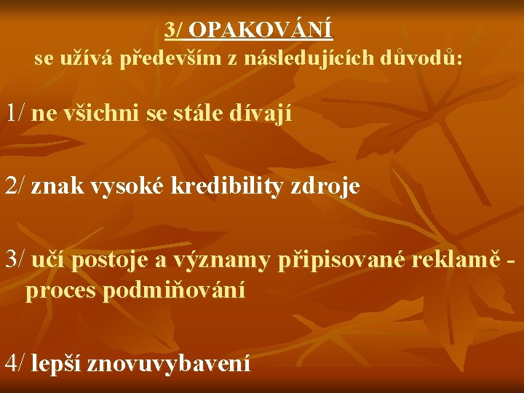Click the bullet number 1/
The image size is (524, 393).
16,113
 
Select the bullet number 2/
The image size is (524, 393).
16,186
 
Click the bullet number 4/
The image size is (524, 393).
16,362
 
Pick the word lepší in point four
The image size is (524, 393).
57,362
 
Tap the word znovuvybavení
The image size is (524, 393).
169,362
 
